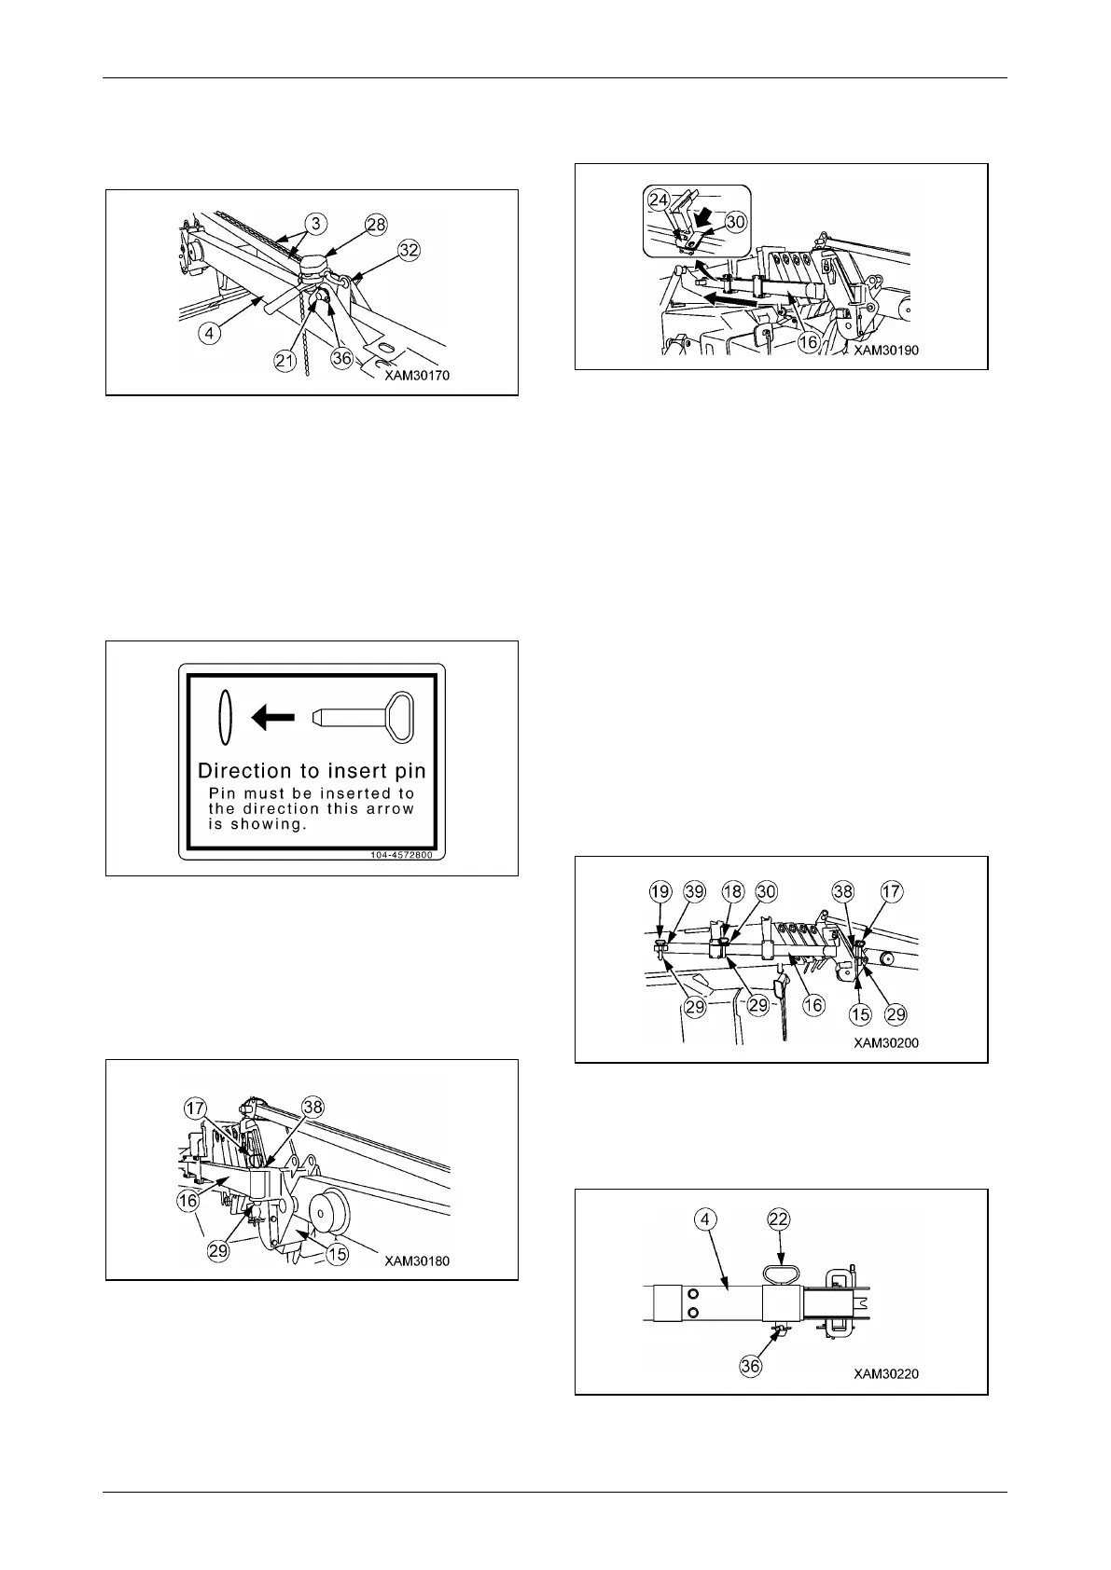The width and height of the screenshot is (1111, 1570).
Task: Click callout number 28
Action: tap(375, 224)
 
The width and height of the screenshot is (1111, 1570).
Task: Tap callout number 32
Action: tap(409, 250)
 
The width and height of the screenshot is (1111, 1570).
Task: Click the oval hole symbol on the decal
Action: tap(222, 717)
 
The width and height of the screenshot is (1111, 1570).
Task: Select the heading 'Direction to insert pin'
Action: tap(312, 771)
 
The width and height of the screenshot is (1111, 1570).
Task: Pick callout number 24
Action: tap(659, 199)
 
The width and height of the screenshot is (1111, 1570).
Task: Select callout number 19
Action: tap(660, 892)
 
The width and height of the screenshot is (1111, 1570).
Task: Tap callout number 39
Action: tap(694, 892)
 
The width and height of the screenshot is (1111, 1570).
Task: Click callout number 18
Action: tap(733, 892)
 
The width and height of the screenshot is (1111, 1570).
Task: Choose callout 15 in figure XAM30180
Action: tap(338, 1255)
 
